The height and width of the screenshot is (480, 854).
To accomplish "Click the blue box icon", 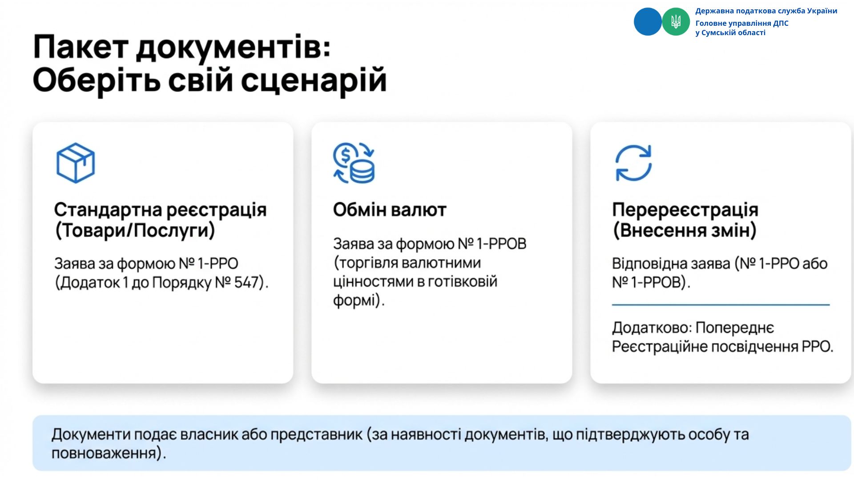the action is point(76,163).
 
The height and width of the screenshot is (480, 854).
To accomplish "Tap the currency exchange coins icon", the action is point(354,163).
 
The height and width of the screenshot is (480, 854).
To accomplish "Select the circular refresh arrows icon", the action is point(633,163).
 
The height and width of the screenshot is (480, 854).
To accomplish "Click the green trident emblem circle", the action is point(676,21).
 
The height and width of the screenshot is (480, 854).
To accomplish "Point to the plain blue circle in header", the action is point(648,21).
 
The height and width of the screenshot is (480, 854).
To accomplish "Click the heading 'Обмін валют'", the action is point(390,210).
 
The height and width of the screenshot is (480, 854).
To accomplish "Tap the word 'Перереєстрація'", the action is point(685,210).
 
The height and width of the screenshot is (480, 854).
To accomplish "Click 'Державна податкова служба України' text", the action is point(766,11).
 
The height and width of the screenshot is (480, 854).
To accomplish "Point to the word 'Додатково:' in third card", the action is point(652,328).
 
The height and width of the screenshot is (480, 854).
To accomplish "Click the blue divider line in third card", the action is point(721,305).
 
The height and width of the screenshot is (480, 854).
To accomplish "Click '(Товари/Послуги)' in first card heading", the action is point(135,231).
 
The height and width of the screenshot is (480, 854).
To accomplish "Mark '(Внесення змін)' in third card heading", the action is point(685,231).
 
